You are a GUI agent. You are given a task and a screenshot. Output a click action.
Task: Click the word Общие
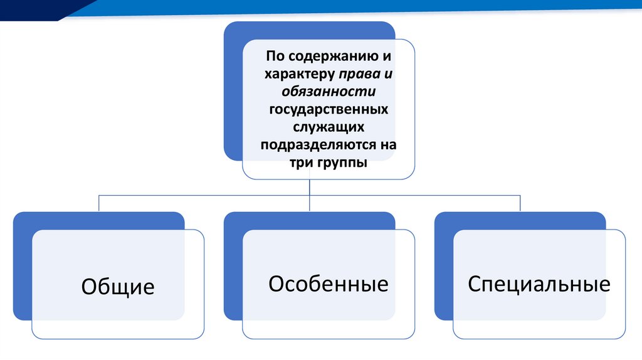coord(118,287)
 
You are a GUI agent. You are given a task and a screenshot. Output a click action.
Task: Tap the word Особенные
coord(329,284)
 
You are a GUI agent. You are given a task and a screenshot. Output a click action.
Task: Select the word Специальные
coord(539,284)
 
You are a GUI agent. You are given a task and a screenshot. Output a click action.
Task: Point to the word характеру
coord(300,75)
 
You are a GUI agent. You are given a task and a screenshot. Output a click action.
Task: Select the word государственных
coord(329,110)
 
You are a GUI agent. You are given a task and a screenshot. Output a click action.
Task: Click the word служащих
coord(329,127)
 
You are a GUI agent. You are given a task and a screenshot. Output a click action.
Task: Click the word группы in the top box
coord(342,162)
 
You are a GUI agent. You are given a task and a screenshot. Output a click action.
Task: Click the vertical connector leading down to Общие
coord(99,203)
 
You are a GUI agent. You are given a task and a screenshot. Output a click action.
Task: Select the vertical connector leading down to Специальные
coord(520,203)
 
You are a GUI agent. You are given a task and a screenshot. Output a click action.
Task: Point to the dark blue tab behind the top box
coord(233,94)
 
